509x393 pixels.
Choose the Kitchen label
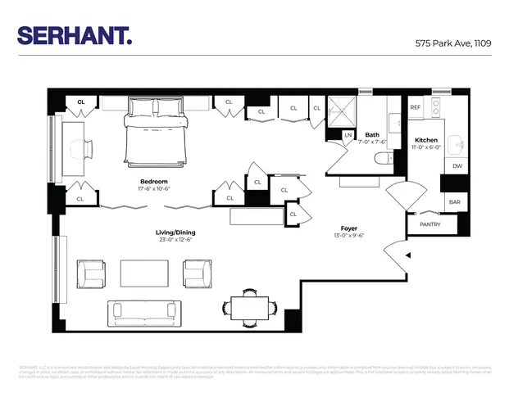pos(426,141)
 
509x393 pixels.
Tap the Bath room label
pos(372,136)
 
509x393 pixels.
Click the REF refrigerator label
pos(415,107)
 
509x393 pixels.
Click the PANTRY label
pos(429,223)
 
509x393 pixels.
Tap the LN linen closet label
pos(348,135)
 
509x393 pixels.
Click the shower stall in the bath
pos(342,111)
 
